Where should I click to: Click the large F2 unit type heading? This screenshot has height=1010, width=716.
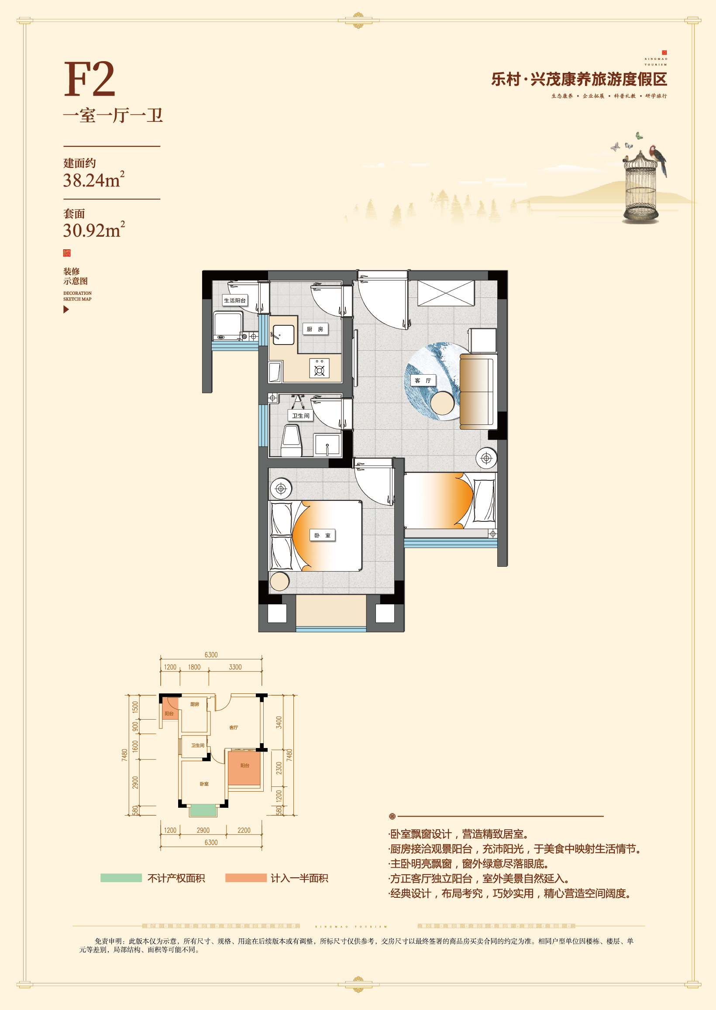tap(89, 79)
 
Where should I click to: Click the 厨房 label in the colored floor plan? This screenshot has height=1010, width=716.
tap(315, 329)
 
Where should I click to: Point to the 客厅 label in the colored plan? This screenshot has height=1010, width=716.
tap(423, 380)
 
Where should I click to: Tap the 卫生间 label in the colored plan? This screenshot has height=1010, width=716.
tap(301, 415)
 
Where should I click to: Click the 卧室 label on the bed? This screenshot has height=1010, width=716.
tap(322, 535)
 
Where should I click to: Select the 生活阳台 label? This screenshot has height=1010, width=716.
tap(234, 300)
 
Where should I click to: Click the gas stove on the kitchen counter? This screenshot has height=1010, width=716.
tap(319, 369)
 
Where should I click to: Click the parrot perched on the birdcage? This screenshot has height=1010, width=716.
tap(659, 159)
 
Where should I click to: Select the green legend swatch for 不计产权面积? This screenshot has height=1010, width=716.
tap(121, 878)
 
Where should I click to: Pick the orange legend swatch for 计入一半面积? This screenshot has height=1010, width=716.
tap(245, 878)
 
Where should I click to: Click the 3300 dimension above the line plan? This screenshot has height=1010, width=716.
tap(235, 667)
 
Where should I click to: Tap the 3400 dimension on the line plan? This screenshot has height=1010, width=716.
tap(279, 723)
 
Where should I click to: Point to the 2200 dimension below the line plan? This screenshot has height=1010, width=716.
tap(244, 830)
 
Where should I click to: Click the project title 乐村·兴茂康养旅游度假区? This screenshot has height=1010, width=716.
tap(579, 79)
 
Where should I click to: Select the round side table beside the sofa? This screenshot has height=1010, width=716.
tap(442, 403)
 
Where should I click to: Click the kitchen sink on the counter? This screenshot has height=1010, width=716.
tap(282, 334)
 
